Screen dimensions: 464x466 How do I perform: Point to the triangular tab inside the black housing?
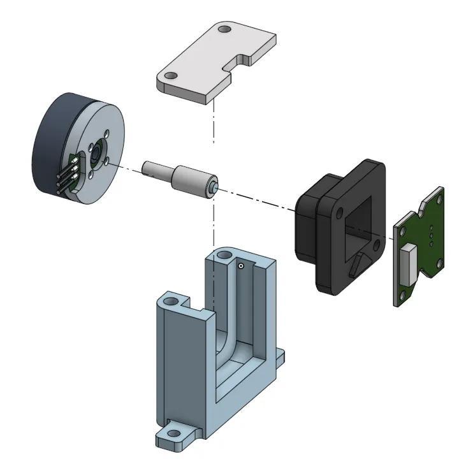(360, 262)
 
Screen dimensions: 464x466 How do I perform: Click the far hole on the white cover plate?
(224, 29)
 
